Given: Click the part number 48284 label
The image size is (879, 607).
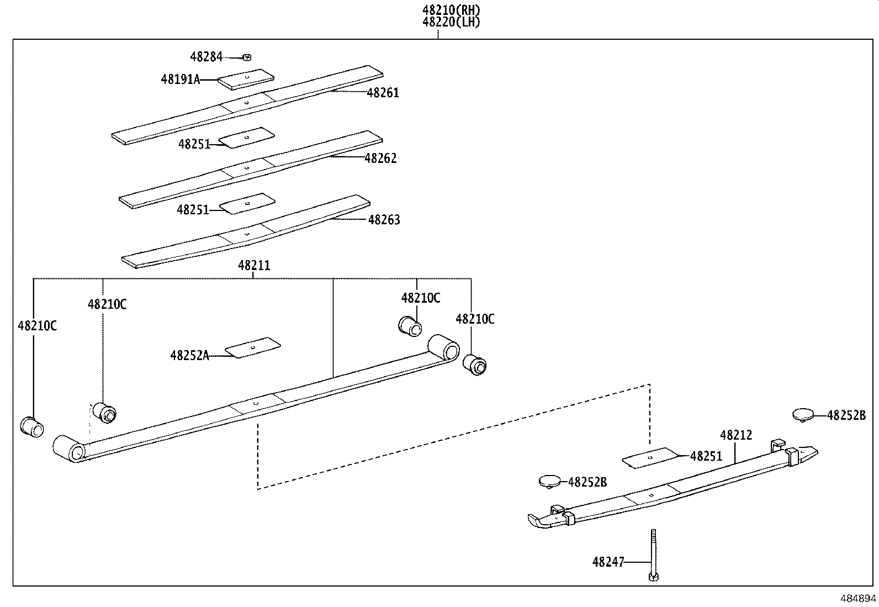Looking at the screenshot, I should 206,56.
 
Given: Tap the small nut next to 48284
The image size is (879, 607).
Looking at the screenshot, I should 247,56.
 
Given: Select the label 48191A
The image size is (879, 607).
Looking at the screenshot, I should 179,80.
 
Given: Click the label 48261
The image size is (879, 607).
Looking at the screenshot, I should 383,93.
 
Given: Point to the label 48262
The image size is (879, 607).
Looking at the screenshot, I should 380,159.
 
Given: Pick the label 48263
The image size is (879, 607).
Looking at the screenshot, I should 384,220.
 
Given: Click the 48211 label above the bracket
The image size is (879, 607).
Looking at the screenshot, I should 254,266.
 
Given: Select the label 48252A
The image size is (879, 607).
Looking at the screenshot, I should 189,356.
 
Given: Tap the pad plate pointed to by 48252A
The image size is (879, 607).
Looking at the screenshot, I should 253,347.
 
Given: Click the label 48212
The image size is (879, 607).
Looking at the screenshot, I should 736,435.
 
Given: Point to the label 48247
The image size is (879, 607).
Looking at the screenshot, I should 608,562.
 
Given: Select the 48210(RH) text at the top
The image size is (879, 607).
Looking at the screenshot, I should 451,10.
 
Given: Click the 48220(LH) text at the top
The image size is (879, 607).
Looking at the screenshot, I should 451,22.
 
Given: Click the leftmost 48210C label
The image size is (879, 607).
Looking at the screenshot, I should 37,326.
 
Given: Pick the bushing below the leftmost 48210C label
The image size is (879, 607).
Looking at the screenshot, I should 31,426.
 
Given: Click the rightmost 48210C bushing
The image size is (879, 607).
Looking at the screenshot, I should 475,364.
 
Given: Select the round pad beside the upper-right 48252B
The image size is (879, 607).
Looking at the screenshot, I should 803,414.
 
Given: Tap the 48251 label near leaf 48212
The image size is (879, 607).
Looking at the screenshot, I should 706,456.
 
